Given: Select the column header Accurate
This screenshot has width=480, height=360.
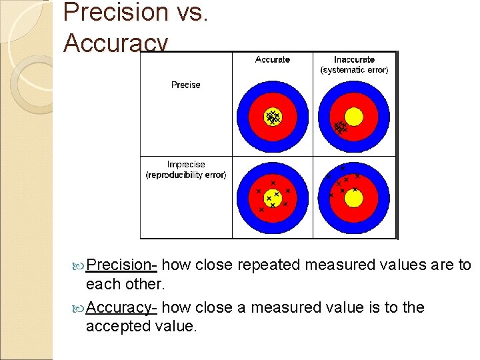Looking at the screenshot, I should (x=272, y=60).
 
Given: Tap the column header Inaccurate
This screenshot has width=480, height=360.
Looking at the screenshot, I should (x=354, y=60).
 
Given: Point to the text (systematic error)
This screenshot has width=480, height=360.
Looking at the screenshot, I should (x=354, y=70).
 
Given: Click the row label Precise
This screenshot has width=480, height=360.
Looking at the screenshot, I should (x=185, y=85).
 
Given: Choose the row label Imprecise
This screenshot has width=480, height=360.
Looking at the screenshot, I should (x=186, y=165).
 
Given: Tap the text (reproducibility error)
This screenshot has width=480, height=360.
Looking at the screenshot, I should (x=186, y=175).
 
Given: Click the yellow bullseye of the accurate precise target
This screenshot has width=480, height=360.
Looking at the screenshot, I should (x=272, y=117).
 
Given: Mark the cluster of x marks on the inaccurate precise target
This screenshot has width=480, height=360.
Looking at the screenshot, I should (x=340, y=126).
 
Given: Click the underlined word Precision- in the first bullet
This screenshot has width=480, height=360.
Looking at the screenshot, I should (x=121, y=265).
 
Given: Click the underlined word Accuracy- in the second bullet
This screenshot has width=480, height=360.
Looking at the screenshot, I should (x=121, y=307).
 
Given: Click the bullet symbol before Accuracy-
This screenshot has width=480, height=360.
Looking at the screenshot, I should (x=79, y=308).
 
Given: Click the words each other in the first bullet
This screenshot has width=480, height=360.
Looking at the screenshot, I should (x=125, y=284).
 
